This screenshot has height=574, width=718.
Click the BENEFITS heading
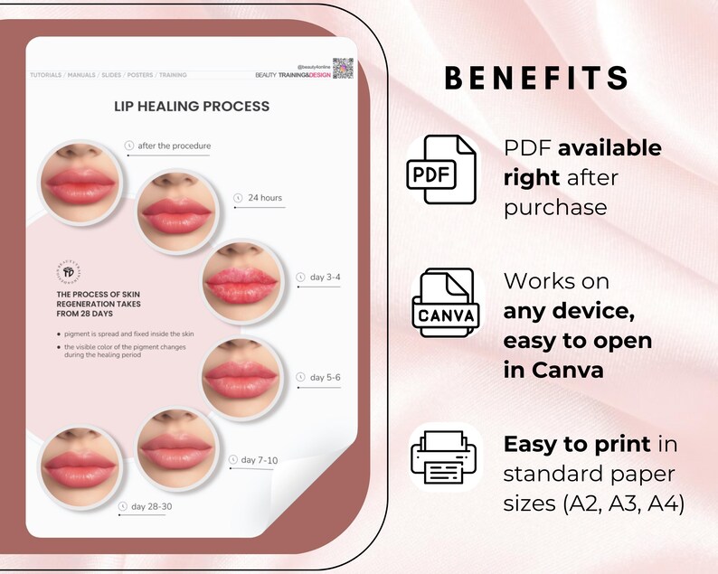537,78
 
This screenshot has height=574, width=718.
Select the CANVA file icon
442,306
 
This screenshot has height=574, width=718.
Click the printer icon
441,458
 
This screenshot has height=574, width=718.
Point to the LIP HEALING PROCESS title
192,106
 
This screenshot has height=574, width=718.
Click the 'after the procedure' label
175,146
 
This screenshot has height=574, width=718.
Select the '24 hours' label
264,197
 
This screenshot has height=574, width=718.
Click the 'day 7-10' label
260,460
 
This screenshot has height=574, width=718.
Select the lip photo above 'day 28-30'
78,461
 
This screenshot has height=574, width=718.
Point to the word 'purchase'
555,207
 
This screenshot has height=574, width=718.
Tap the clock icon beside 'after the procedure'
128,146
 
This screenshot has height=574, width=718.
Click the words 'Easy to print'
577,444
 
